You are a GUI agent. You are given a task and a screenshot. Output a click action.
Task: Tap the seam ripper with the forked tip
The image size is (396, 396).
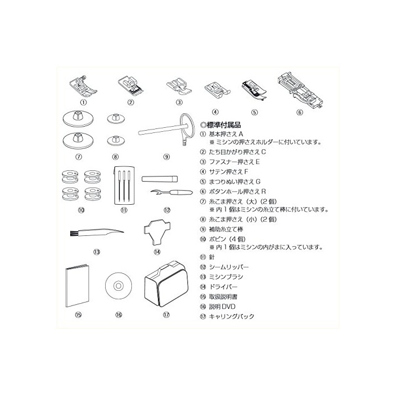pos(171,193)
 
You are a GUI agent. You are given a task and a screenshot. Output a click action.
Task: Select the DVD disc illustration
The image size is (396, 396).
pos(118,286)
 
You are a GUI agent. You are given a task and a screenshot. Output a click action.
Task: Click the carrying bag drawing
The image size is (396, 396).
pos(166,283)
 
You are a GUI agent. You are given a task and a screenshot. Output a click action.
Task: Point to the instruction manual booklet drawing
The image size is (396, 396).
pos(78,285)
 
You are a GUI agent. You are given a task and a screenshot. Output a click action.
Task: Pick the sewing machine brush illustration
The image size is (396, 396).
pos(97,233)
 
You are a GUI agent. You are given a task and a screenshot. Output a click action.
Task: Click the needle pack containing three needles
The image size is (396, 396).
pos(124,185)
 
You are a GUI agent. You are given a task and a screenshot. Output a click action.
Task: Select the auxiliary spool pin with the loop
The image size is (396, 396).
pos(167,130)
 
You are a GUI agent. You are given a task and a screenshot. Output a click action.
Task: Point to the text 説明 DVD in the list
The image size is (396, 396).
pos(222,307)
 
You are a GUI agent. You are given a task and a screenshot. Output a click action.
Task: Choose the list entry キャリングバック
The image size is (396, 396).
pos(231,316)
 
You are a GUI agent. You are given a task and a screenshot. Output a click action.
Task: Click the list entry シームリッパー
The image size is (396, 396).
pos(229,267)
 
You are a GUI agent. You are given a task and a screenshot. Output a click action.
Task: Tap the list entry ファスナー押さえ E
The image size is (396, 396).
pos(234,162)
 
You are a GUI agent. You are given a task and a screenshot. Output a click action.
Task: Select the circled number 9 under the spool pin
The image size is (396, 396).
pos(166,157)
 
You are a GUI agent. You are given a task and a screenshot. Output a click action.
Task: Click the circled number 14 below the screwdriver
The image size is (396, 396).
pos(157,252)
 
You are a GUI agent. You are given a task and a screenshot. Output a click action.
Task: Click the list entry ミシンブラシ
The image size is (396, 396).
pos(226,277)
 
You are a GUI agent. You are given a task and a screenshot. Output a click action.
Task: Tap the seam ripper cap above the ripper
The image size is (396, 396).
pos(160,179)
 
